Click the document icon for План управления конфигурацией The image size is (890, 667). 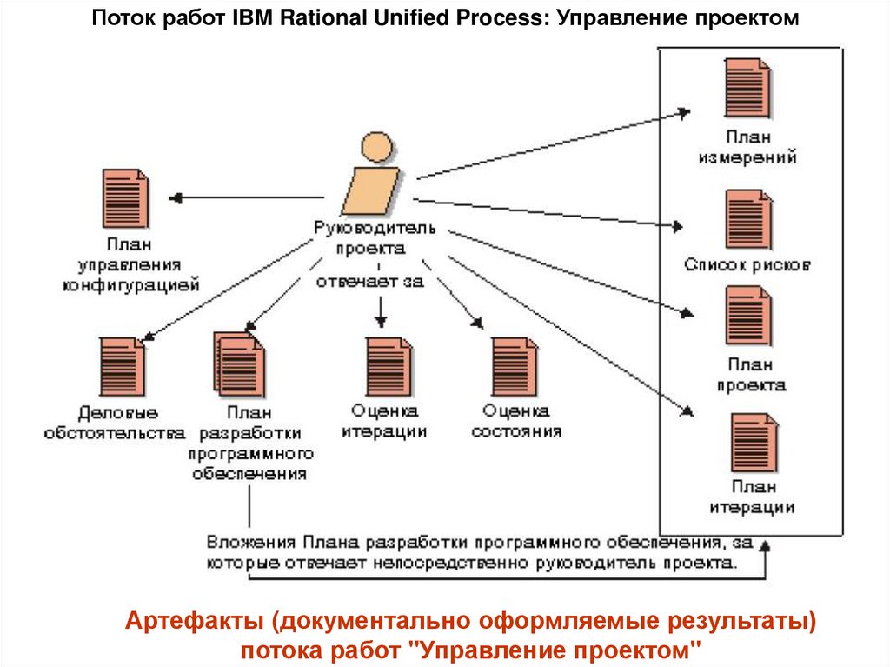click(125, 198)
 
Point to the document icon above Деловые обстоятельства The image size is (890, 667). click(123, 366)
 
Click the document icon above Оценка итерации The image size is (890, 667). click(388, 366)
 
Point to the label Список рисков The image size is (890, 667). click(747, 264)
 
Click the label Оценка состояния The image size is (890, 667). click(516, 420)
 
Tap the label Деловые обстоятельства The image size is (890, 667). click(116, 422)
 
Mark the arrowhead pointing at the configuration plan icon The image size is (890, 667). click(175, 198)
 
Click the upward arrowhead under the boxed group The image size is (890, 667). click(765, 547)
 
